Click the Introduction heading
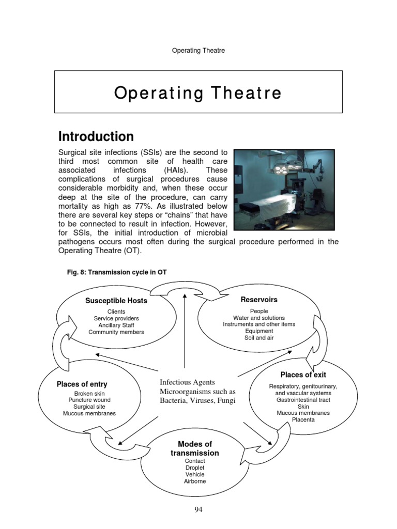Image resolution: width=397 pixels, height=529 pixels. [x=96, y=137]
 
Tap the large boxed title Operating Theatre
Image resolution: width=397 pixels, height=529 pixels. [x=198, y=93]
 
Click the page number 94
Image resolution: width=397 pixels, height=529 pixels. [x=198, y=510]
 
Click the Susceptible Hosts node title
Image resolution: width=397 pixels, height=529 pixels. [x=116, y=301]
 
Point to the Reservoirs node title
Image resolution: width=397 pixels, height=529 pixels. [x=259, y=300]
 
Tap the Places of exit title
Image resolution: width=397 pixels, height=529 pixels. [x=303, y=375]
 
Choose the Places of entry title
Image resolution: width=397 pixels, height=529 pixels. [x=82, y=384]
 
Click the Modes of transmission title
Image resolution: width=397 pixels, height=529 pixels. [x=195, y=448]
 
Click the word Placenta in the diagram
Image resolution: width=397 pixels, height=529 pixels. [x=303, y=420]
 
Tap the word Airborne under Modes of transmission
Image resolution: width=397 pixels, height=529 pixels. [x=195, y=481]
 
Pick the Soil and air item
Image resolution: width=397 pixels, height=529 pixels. [x=259, y=338]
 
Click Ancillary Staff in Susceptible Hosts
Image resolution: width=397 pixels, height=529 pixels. [x=116, y=325]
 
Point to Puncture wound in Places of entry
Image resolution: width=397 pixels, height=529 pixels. [x=89, y=400]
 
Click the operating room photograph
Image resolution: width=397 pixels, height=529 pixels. [x=284, y=190]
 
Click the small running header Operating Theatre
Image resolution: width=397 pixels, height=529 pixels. [x=198, y=51]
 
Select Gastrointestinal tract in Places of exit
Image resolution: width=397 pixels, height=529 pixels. [x=303, y=400]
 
